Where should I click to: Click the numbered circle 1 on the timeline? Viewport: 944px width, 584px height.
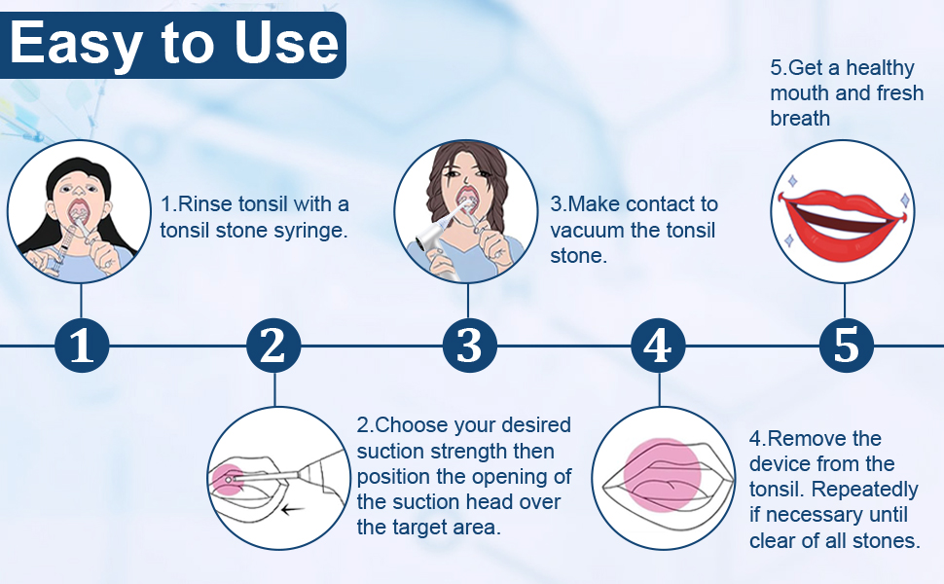click(82, 346)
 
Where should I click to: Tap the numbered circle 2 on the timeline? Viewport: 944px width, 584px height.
click(273, 346)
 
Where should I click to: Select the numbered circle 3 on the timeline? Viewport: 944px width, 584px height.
click(469, 346)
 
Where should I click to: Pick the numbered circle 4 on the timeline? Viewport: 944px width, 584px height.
click(658, 346)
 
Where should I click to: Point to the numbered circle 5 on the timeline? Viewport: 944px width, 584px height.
click(846, 346)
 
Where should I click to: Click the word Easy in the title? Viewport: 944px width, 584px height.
click(72, 44)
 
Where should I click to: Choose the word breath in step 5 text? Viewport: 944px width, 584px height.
click(800, 119)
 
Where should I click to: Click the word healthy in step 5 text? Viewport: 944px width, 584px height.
click(880, 68)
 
